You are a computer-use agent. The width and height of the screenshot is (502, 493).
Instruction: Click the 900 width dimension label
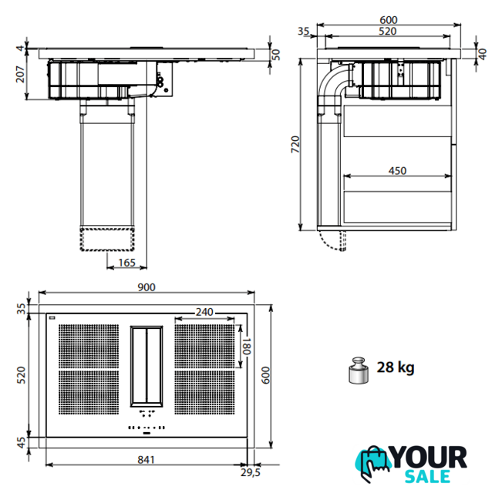(x=147, y=287)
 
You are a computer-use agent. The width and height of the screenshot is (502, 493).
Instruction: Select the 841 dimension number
(x=146, y=460)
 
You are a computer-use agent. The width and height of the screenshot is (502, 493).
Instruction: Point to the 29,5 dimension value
(x=251, y=472)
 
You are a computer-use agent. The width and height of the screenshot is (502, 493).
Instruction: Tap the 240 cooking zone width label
(x=204, y=312)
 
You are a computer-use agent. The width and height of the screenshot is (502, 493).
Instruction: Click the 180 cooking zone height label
(x=246, y=346)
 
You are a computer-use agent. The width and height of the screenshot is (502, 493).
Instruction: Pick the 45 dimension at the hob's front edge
(x=21, y=443)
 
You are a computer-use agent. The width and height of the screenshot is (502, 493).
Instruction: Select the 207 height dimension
(x=20, y=74)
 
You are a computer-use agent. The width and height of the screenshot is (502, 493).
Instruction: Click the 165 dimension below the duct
(x=126, y=263)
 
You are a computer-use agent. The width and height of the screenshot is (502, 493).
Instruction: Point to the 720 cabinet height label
(x=295, y=145)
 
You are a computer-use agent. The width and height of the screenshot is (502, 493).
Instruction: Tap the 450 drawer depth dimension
(x=397, y=171)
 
